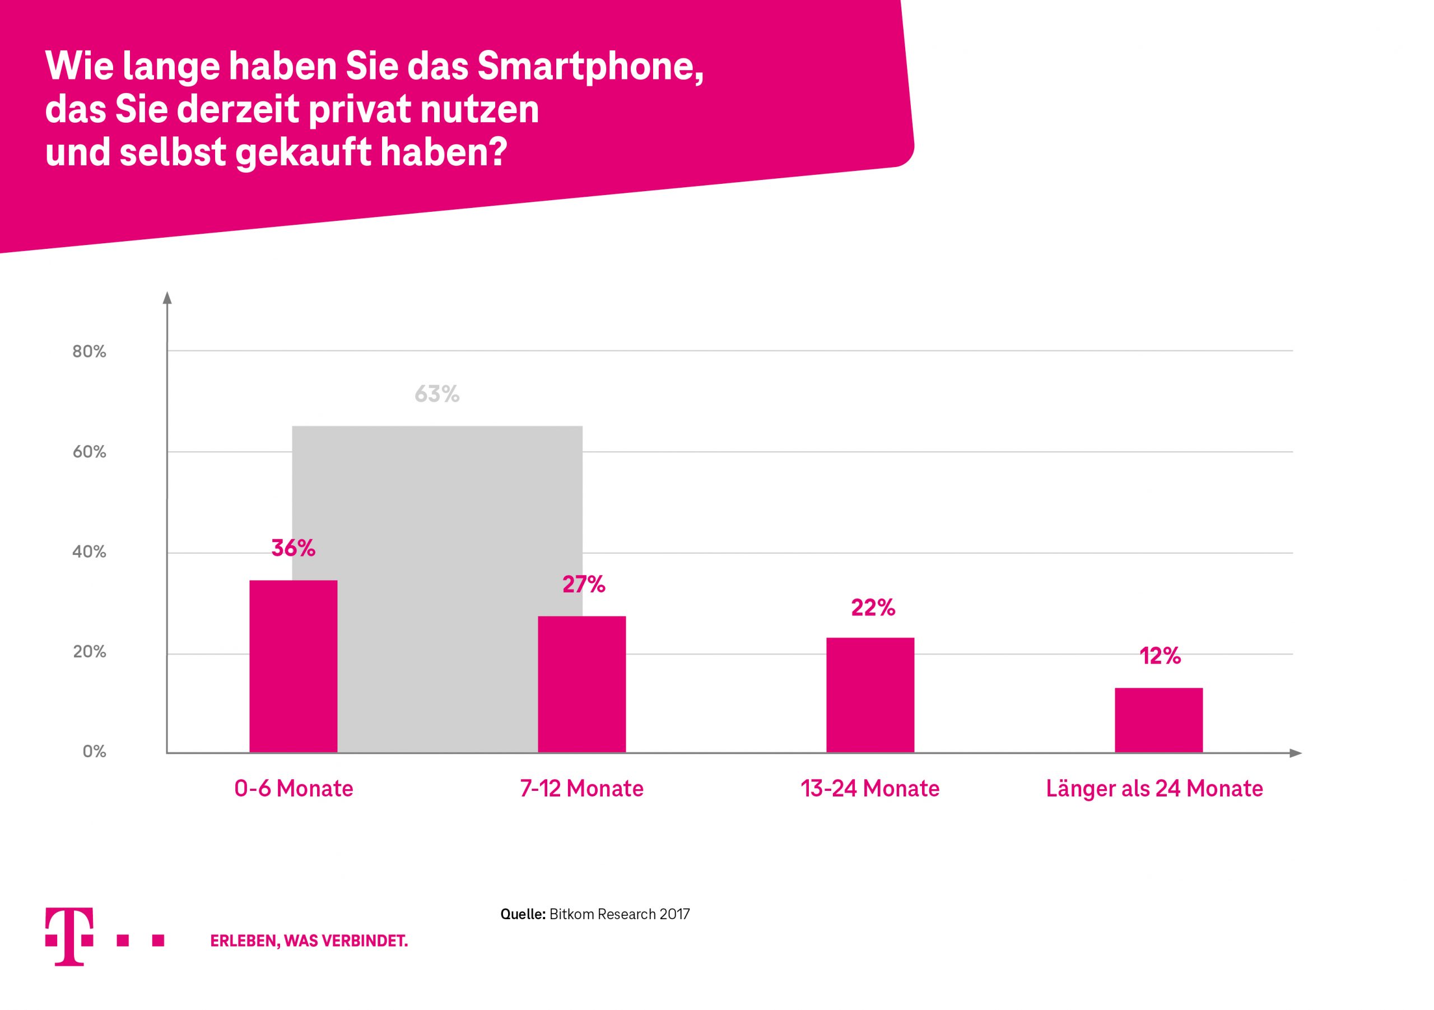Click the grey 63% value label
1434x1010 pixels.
tap(436, 394)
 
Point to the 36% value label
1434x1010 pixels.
tap(293, 548)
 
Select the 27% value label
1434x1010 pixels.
tap(583, 585)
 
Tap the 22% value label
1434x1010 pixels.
tap(873, 608)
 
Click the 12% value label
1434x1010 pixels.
tap(1160, 656)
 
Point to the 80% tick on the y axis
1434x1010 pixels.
tap(89, 351)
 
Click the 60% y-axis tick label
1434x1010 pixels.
tap(89, 452)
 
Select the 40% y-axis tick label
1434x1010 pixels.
tap(89, 552)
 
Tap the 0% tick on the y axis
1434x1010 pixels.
tap(94, 751)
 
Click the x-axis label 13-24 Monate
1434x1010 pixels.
tap(870, 789)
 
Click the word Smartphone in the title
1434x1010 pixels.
tap(590, 66)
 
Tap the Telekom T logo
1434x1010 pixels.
tap(69, 935)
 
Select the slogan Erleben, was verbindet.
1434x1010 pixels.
tap(309, 940)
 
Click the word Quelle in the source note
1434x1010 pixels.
tap(523, 914)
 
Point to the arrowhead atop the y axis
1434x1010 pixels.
tap(167, 298)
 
